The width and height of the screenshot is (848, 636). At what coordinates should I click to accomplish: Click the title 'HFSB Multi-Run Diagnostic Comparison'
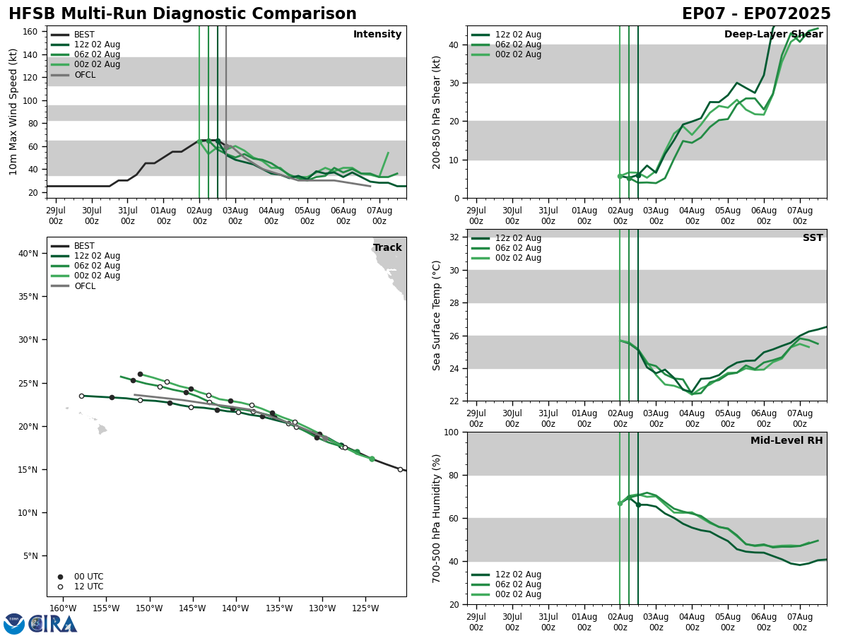(182, 14)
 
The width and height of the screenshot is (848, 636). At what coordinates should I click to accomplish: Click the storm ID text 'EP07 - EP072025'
(756, 14)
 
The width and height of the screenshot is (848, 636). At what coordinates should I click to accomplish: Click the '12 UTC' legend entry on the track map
(88, 587)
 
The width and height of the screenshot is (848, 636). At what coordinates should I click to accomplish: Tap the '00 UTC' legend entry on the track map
(88, 577)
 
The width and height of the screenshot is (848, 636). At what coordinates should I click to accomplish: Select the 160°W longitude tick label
(63, 609)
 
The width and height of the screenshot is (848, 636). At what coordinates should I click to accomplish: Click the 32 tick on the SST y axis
(455, 237)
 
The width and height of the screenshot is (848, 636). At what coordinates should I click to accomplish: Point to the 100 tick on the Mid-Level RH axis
(452, 432)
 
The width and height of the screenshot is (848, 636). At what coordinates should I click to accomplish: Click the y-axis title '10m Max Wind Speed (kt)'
(13, 112)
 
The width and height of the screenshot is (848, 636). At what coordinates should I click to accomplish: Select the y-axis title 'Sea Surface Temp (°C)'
(437, 315)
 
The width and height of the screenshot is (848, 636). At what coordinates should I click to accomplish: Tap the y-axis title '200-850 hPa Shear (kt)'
(437, 112)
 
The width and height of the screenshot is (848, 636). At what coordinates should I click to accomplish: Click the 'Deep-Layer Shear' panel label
(773, 35)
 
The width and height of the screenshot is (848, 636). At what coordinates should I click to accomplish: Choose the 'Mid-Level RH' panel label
(787, 441)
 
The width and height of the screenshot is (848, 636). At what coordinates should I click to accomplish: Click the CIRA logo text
(53, 624)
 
